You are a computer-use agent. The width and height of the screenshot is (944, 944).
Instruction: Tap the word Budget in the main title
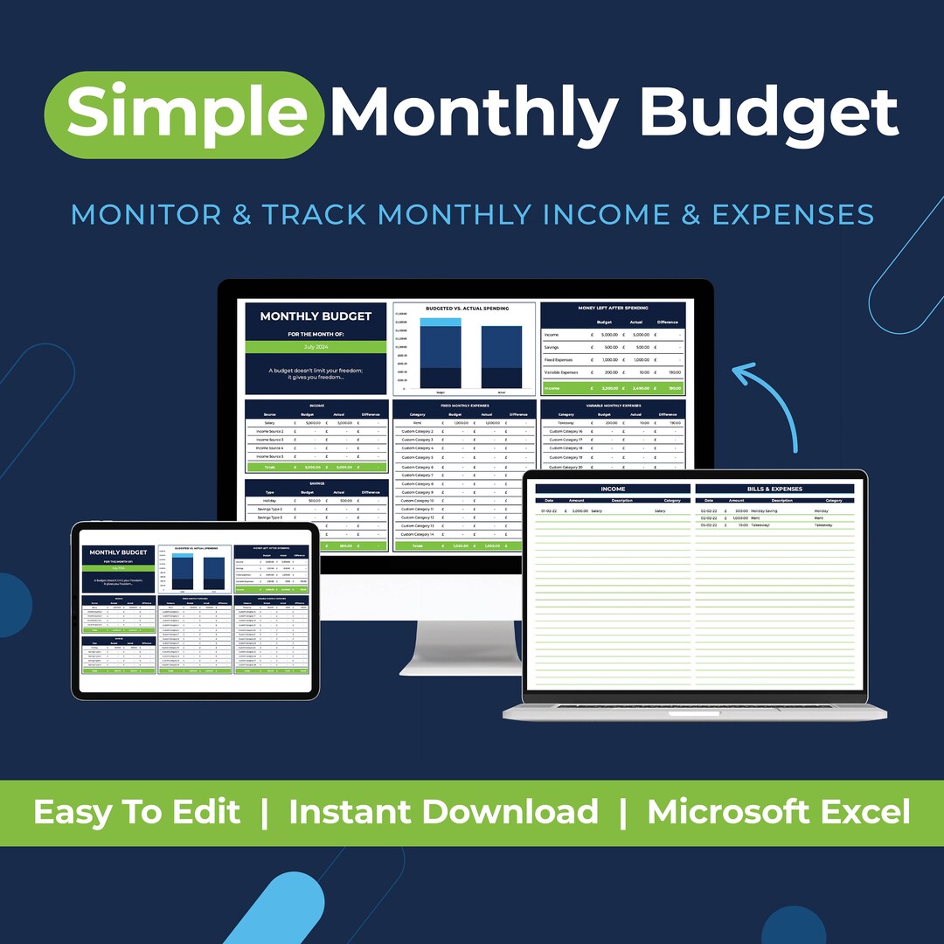pyautogui.click(x=769, y=114)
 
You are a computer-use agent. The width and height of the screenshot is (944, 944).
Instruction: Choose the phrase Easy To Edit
pyautogui.click(x=136, y=811)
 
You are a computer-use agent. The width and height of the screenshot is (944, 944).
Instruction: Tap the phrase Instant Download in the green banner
pyautogui.click(x=443, y=811)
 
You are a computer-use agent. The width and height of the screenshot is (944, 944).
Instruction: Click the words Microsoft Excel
pyautogui.click(x=778, y=811)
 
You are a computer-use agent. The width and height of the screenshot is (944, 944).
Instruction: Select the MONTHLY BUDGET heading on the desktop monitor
pyautogui.click(x=316, y=316)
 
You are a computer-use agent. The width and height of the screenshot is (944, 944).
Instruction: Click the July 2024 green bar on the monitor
pyautogui.click(x=316, y=347)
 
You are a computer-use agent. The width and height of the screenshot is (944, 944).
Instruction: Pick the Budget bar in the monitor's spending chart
pyautogui.click(x=427, y=353)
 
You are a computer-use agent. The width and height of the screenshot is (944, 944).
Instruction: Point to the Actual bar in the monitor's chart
pyautogui.click(x=501, y=357)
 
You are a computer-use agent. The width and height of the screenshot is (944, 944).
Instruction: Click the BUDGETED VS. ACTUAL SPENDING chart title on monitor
pyautogui.click(x=466, y=309)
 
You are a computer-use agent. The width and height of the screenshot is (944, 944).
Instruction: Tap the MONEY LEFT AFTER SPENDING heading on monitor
pyautogui.click(x=613, y=309)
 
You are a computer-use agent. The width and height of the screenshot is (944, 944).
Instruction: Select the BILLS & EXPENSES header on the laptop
pyautogui.click(x=774, y=489)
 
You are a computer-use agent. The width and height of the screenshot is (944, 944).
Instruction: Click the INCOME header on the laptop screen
pyautogui.click(x=613, y=489)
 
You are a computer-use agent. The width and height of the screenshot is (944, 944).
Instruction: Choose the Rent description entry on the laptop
pyautogui.click(x=756, y=517)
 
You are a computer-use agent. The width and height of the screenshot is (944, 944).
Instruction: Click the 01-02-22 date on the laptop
pyautogui.click(x=550, y=510)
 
